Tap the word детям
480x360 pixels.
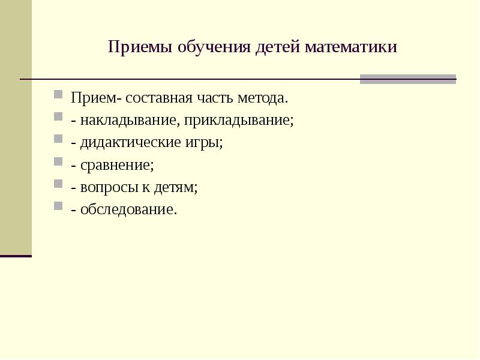(175, 187)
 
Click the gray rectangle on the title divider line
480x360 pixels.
(407, 79)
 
